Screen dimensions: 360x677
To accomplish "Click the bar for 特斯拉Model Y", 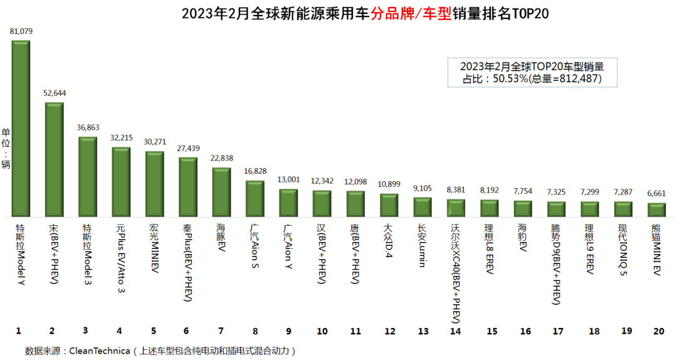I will coord(20,129).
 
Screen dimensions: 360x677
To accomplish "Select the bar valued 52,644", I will coord(54,159).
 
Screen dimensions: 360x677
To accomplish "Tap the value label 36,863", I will coord(87,127).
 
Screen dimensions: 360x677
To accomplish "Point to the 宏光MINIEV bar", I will coord(154,184).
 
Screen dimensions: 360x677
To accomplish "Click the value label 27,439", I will coord(187,148).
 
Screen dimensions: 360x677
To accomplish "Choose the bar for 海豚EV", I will coord(221,192).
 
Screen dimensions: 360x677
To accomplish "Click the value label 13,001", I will coord(288,179).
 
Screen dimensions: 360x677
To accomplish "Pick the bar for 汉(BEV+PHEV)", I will coord(322,203).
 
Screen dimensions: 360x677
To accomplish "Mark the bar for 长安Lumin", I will coord(422,207).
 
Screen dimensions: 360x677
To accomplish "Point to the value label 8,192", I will coord(490,189).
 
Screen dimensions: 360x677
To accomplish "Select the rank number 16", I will coord(524,331).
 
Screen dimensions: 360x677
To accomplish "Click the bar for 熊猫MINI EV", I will coord(656,209).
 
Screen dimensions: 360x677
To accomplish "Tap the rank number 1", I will coord(19,331).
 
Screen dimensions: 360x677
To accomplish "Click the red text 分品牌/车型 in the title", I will coord(411,14).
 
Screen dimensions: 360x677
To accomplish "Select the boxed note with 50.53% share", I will coord(532,72).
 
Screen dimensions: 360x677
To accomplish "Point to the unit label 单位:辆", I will coord(6,148).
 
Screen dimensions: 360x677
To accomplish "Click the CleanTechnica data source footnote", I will coord(160,349).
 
